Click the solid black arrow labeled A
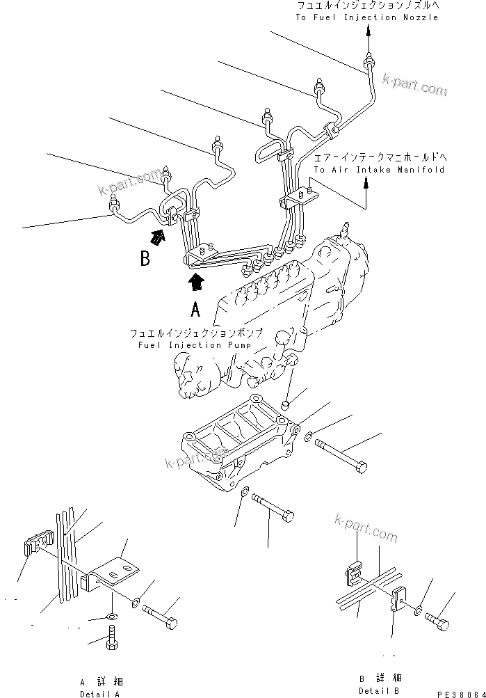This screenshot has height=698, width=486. click(197, 280)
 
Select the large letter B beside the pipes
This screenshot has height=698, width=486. click(145, 259)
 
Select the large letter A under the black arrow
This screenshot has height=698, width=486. click(196, 309)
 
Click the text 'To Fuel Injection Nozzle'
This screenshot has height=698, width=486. click(367, 17)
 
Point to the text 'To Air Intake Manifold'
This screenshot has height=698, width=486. click(379, 169)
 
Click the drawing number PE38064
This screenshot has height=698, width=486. click(459, 693)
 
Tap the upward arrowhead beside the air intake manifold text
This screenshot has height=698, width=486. click(365, 184)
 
